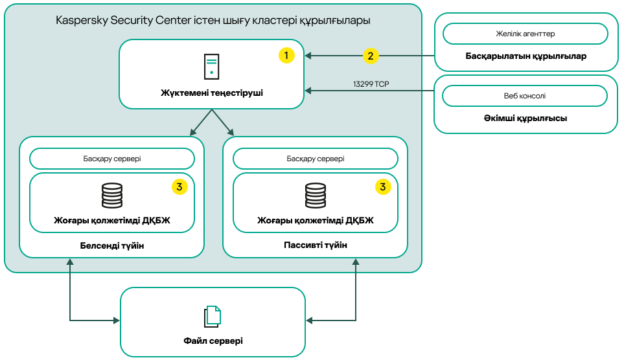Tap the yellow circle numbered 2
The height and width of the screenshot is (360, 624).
pyautogui.click(x=370, y=56)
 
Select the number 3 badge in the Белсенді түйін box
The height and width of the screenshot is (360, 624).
pyautogui.click(x=179, y=187)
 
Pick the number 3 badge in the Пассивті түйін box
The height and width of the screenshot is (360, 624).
pyautogui.click(x=384, y=187)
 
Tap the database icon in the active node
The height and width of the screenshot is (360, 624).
pyautogui.click(x=112, y=195)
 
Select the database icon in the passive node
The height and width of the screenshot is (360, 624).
pyautogui.click(x=316, y=195)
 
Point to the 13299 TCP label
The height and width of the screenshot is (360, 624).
pyautogui.click(x=371, y=84)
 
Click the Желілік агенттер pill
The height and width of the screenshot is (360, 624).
pyautogui.click(x=525, y=34)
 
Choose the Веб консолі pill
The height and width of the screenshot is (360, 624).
pyautogui.click(x=525, y=96)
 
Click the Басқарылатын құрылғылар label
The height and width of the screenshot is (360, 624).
pyautogui.click(x=526, y=56)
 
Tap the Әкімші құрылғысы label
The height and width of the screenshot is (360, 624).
pyautogui.click(x=526, y=118)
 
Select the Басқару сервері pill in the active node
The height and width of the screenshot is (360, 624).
pyautogui.click(x=112, y=159)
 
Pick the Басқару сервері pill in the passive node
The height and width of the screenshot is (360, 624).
pyautogui.click(x=316, y=159)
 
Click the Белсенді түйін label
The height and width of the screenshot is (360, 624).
pyautogui.click(x=112, y=245)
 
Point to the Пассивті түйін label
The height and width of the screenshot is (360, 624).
pyautogui.click(x=316, y=245)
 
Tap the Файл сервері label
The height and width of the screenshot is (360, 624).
pyautogui.click(x=213, y=341)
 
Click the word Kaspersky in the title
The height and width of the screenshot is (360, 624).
pyautogui.click(x=81, y=21)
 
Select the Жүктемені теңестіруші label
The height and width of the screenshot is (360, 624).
pyautogui.click(x=212, y=93)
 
